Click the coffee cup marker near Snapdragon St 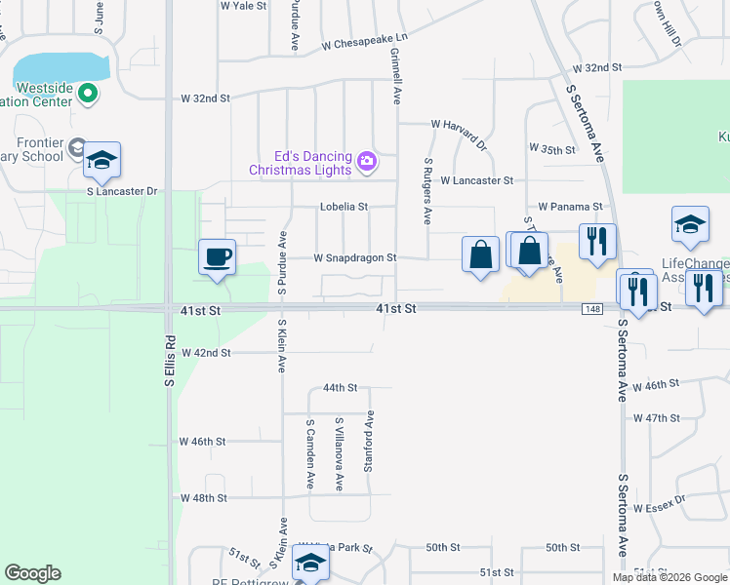pyautogui.click(x=218, y=256)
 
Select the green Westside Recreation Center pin pyautogui.click(x=87, y=94)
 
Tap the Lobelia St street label pyautogui.click(x=344, y=207)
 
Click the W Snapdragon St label pyautogui.click(x=354, y=258)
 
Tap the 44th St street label pyautogui.click(x=341, y=388)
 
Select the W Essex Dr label pyautogui.click(x=660, y=508)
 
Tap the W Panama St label pyautogui.click(x=571, y=208)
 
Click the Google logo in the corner pyautogui.click(x=32, y=573)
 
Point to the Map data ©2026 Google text pyautogui.click(x=669, y=577)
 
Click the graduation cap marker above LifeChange pyautogui.click(x=690, y=224)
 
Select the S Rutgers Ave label pyautogui.click(x=427, y=191)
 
